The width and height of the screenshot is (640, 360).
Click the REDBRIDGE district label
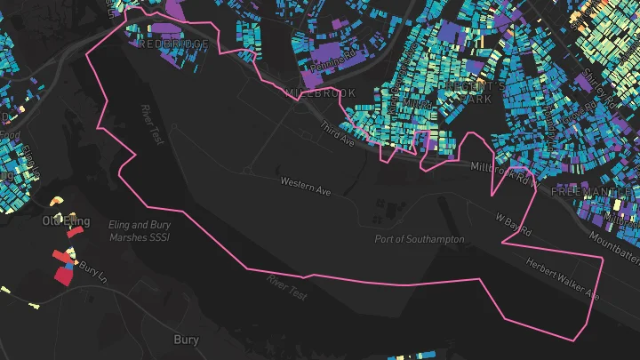click(x=173, y=44)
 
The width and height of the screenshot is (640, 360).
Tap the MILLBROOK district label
click(x=320, y=92)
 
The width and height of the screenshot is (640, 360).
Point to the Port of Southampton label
click(x=420, y=239)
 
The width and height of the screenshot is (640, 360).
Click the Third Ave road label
click(x=338, y=135)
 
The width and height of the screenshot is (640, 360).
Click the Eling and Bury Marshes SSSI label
click(x=139, y=231)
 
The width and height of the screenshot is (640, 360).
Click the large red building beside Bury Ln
click(x=63, y=275)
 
